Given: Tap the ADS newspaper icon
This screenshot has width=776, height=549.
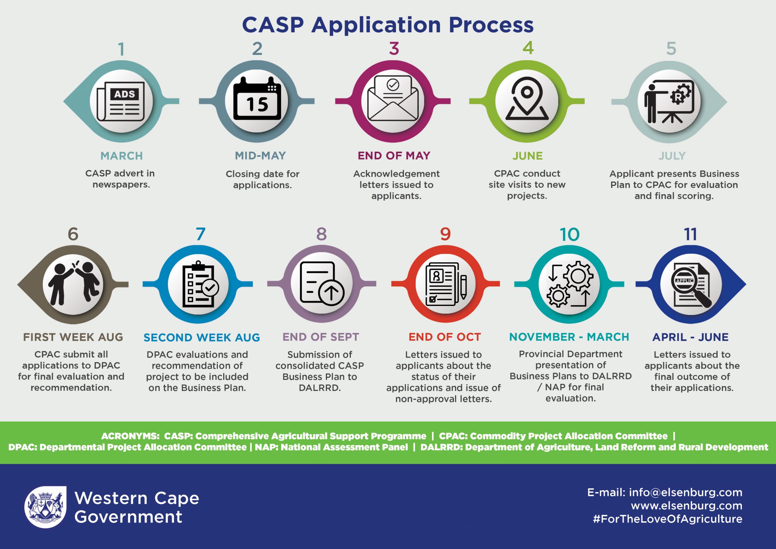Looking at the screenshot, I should point(121,101).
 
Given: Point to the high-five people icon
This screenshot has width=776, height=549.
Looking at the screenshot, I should point(73,284).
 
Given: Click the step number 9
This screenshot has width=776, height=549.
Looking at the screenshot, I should point(445,234).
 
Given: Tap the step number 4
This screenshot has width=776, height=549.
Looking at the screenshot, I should point(528,48).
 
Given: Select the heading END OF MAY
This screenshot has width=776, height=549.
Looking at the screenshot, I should point(394,155).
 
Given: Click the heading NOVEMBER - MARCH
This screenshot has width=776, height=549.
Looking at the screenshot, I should point(569,337).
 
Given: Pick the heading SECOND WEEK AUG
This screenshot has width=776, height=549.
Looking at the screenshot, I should point(202,337).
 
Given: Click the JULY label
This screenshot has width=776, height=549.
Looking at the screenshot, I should point(672,156).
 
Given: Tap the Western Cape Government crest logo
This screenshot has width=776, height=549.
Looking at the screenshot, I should point(45,507).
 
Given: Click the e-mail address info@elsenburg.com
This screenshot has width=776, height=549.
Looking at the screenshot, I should point(685,492).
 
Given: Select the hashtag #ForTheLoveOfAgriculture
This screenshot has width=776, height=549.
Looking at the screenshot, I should point(667,519).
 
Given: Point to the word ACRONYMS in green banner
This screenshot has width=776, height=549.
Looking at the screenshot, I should point(130,436).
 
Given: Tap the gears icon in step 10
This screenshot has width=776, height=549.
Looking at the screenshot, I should point(569,284).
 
